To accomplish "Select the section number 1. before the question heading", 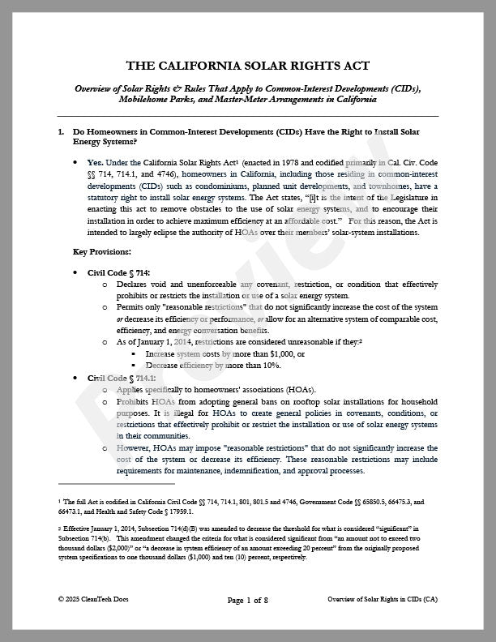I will [x=62, y=131].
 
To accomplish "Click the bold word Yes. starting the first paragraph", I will [x=96, y=162].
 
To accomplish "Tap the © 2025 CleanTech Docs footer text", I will [x=93, y=599].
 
